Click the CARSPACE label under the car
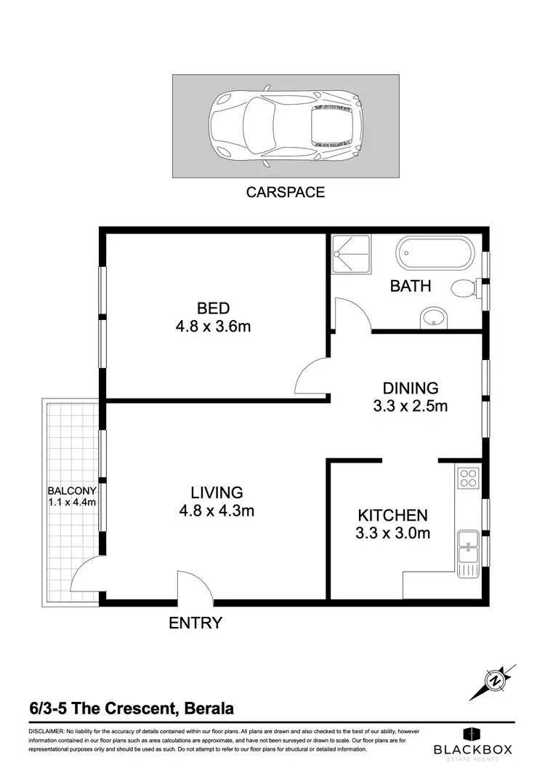pos(285,193)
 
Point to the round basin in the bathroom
pos(434,318)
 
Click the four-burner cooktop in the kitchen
pos(467,478)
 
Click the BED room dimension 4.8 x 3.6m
pos(213,327)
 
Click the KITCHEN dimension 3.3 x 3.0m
pos(393,533)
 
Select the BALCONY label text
pos(72,491)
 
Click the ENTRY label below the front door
pos(195,623)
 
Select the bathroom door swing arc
pos(352,314)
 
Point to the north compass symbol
pos(496,681)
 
